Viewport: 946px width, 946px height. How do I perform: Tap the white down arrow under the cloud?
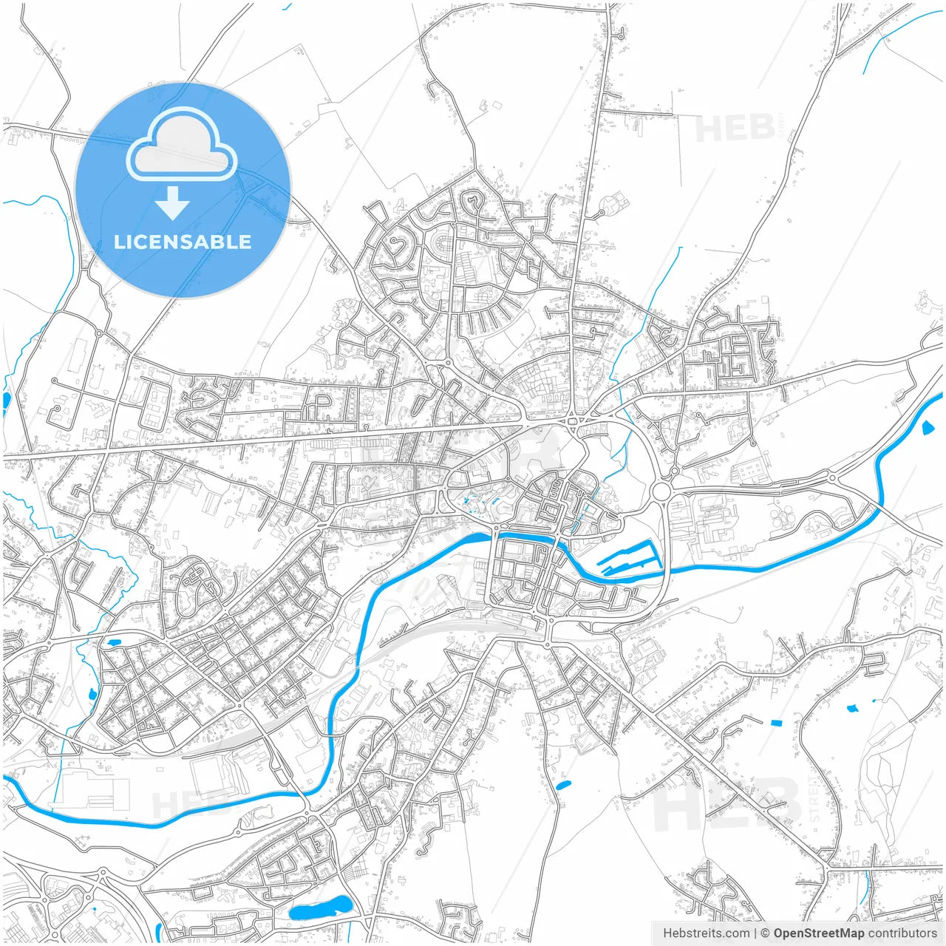click(173, 203)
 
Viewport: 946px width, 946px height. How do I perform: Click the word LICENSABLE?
click(183, 242)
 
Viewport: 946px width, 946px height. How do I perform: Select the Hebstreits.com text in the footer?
click(706, 933)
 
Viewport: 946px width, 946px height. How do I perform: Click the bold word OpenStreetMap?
click(818, 933)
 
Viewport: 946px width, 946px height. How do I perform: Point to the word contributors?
click(902, 933)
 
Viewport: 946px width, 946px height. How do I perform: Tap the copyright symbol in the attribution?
click(766, 933)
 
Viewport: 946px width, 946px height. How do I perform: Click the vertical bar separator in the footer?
click(755, 933)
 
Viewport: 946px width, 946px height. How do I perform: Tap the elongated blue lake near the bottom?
click(320, 908)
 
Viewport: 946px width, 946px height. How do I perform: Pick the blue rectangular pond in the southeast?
click(776, 722)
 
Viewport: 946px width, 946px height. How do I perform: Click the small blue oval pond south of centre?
click(563, 784)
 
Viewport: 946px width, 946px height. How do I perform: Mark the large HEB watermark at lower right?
click(728, 806)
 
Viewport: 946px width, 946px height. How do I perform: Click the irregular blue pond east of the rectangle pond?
click(852, 708)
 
